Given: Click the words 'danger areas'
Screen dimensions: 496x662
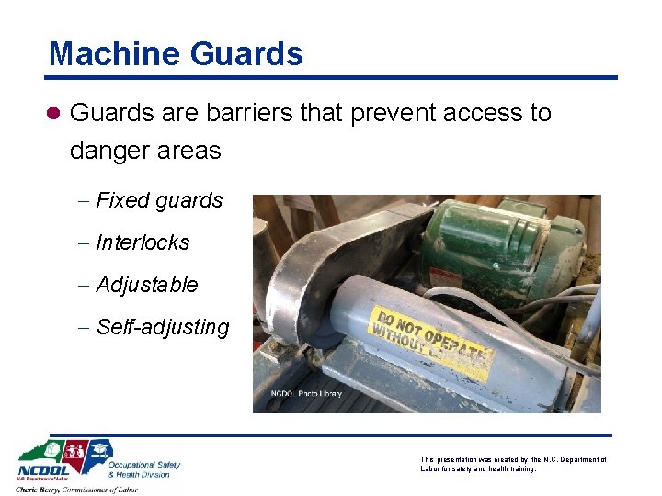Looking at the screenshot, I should [x=145, y=151].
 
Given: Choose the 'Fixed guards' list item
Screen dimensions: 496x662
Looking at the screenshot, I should [x=159, y=200].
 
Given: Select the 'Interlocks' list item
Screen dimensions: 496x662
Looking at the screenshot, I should [x=143, y=242].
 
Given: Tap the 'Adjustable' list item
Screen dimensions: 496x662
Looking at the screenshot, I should [x=146, y=285].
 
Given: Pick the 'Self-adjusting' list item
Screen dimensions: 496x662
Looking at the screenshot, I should [x=162, y=327].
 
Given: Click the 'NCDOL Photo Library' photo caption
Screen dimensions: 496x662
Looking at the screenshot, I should [x=305, y=394].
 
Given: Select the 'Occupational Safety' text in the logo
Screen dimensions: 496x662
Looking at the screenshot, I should [x=144, y=465].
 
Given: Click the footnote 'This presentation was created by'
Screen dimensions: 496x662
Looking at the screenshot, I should [x=478, y=459].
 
